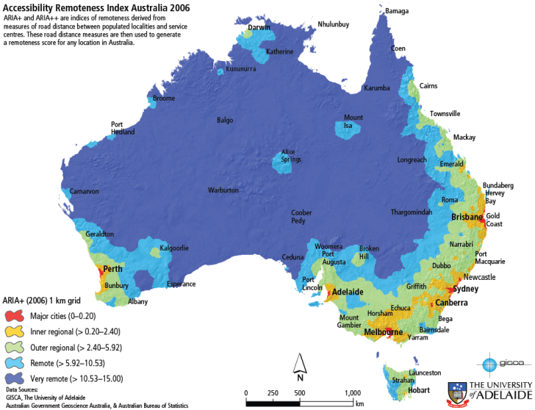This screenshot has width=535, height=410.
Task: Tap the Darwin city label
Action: click(259, 27)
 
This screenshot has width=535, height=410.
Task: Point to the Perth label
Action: click(113, 269)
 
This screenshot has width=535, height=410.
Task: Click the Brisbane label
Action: click(467, 217)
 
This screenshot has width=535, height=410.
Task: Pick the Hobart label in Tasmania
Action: click(398, 390)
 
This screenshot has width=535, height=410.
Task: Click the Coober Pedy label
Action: click(302, 217)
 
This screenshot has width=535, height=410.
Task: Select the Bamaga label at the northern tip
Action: click(397, 11)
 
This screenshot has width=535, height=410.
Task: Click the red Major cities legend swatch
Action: click(15, 316)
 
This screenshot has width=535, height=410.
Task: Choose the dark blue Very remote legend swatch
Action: click(15, 378)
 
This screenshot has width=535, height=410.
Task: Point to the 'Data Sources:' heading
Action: click(21, 389)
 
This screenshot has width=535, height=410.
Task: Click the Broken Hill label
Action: click(369, 253)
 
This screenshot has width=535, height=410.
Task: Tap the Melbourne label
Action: click(384, 332)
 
